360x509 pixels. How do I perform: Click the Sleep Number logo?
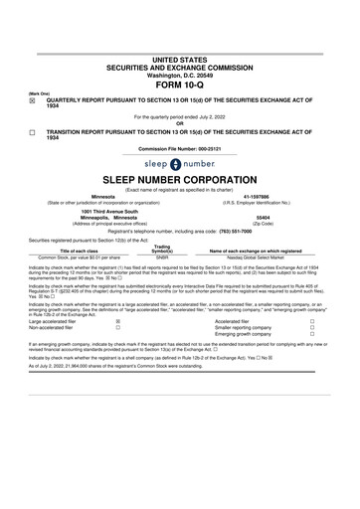point(179,163)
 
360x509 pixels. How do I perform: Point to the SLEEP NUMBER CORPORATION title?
point(179,179)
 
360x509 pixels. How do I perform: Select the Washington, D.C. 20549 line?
point(179,46)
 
